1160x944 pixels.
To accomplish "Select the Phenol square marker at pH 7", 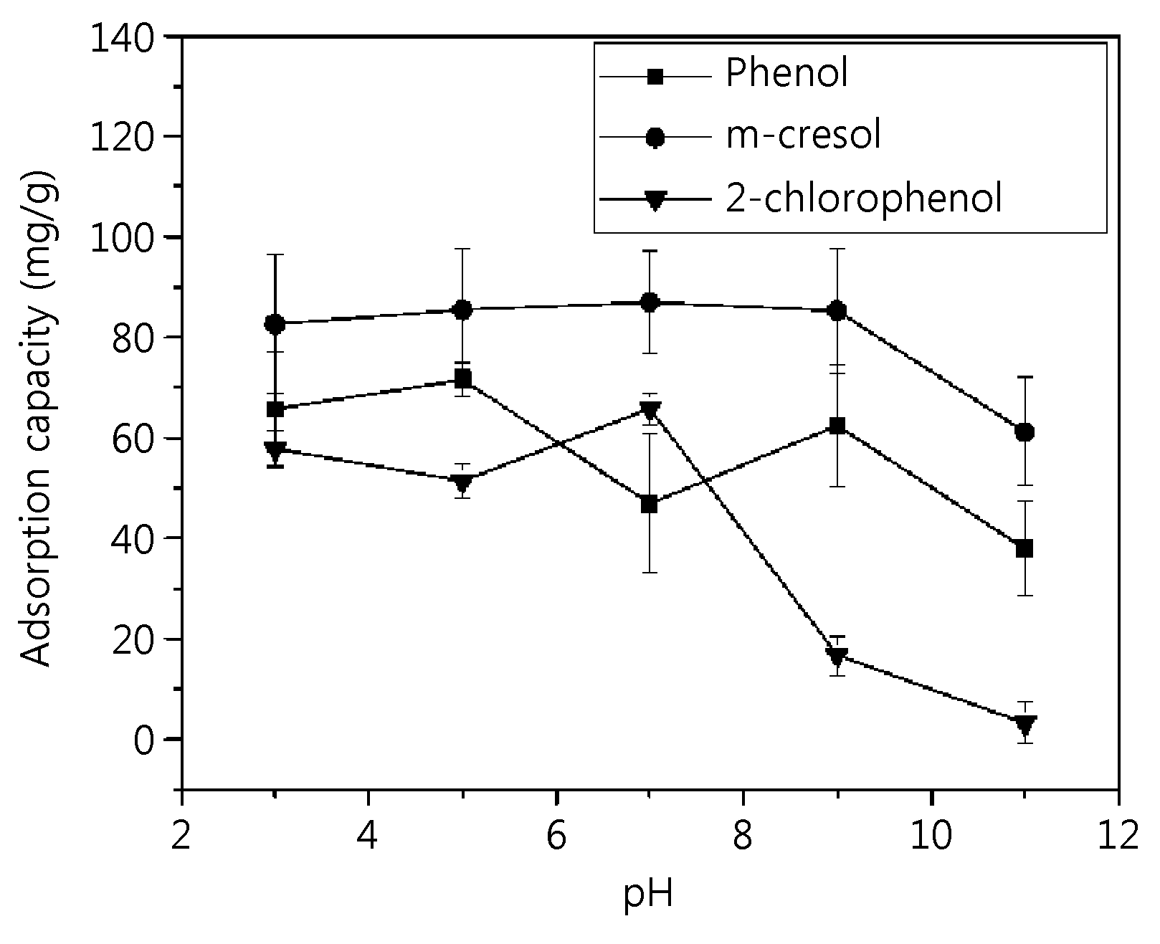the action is click(649, 505).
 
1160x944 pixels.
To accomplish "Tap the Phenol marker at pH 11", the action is click(1024, 549).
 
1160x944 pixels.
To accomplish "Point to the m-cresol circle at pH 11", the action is click(1024, 432).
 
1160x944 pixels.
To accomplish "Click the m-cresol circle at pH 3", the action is click(275, 324).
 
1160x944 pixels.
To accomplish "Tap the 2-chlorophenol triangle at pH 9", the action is click(837, 656).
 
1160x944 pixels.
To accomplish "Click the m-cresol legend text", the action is click(803, 135).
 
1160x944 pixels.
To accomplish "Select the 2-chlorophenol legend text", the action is click(864, 198).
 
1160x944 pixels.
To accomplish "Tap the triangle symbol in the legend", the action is click(655, 201).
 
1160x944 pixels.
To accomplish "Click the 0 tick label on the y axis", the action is click(144, 740).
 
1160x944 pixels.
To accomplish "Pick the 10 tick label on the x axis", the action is click(932, 836).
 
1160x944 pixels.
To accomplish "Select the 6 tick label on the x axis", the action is click(556, 836).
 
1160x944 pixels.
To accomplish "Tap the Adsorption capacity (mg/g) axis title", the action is click(37, 418).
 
